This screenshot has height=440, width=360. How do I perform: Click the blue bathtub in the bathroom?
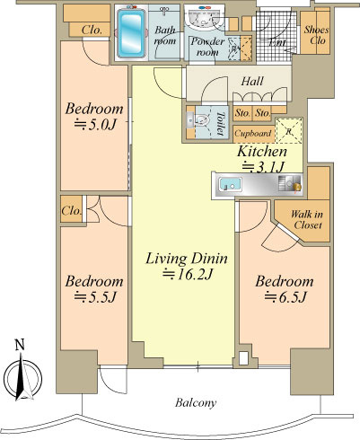131,33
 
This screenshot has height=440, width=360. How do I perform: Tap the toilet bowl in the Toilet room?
202,121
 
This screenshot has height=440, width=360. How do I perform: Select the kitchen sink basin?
230,183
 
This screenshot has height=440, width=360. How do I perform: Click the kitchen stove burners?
290,183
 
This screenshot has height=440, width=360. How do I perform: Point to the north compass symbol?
22,378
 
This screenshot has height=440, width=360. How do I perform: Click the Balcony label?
196,403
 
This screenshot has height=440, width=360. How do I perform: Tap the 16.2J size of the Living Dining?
188,275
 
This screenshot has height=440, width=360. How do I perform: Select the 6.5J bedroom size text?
285,297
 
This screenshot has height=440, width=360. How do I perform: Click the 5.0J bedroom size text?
94,125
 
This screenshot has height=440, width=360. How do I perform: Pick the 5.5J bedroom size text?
95,297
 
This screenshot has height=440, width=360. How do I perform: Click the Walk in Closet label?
307,219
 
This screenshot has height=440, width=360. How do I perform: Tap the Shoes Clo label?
316,35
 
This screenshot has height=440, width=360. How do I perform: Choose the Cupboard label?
253,133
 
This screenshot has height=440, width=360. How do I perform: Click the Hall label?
252,81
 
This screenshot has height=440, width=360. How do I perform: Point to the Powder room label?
207,47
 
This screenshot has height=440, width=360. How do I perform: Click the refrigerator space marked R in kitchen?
288,131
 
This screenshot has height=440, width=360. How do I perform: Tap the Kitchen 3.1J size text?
262,167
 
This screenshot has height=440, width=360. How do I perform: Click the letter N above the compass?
20,345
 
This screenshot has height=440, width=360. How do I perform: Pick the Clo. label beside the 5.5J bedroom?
72,211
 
